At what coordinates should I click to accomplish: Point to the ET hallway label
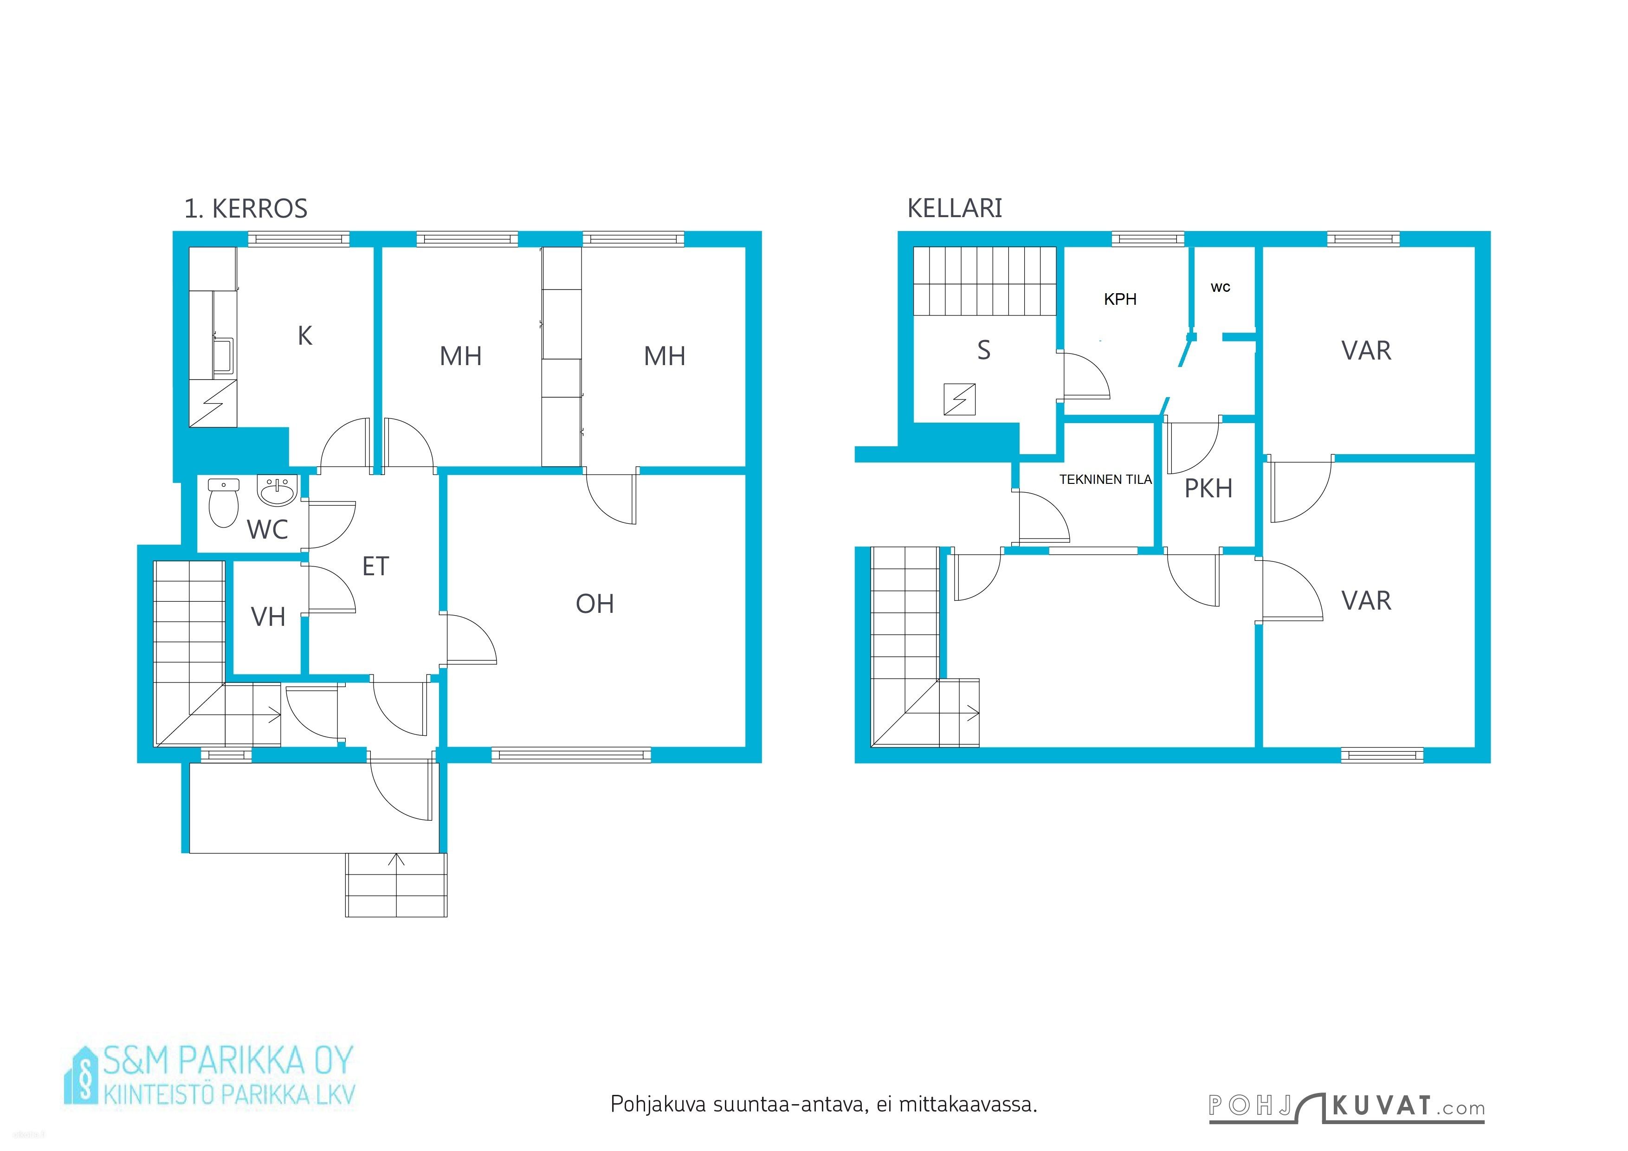(x=376, y=566)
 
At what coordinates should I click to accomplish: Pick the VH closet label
(x=268, y=617)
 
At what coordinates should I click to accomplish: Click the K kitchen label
(x=305, y=336)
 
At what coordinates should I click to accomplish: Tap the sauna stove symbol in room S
(x=959, y=399)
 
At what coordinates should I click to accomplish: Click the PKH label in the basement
(x=1208, y=489)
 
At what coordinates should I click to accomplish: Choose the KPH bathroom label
(x=1120, y=299)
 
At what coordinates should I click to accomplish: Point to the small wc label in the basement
(x=1220, y=288)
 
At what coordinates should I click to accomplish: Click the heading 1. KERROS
(x=245, y=209)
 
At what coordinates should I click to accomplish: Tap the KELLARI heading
(x=955, y=208)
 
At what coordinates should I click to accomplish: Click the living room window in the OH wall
(x=571, y=755)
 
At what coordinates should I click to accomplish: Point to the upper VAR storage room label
(x=1366, y=351)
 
